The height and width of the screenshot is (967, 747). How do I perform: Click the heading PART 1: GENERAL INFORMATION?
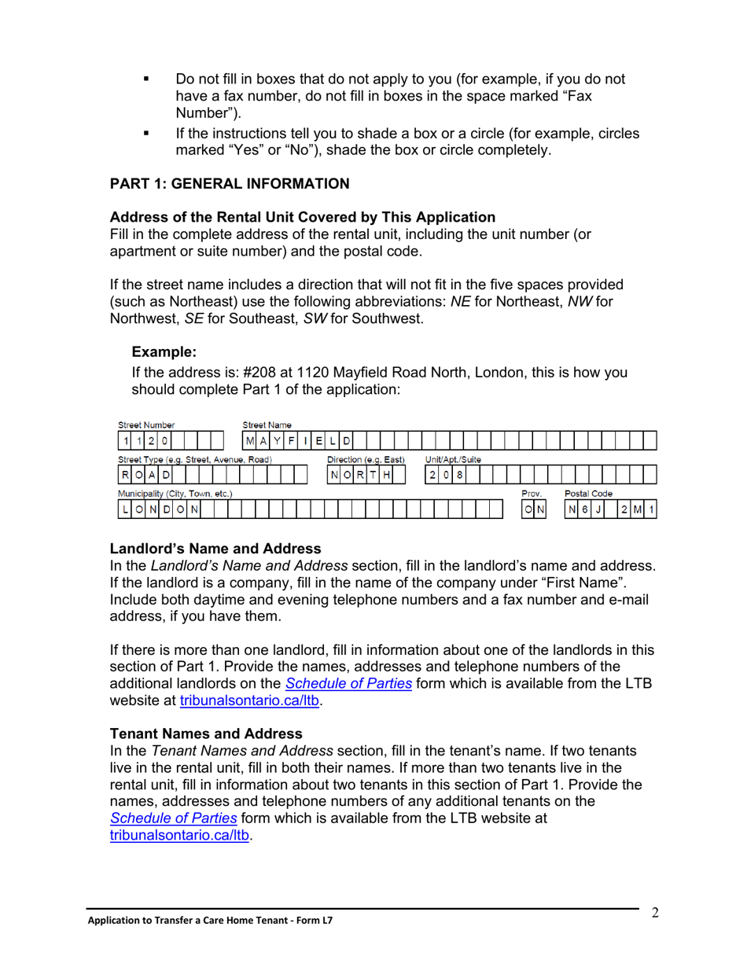230,184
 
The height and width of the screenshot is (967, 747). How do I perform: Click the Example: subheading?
164,352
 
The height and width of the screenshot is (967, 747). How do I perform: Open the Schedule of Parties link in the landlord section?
348,683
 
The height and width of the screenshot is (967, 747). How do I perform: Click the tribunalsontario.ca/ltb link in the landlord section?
251,700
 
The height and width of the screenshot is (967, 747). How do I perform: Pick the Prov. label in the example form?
532,493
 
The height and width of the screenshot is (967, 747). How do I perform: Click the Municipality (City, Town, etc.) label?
175,493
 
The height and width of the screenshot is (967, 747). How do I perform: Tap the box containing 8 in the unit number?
460,475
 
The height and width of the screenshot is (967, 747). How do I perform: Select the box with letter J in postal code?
599,509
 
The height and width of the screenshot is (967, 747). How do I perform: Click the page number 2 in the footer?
654,912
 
